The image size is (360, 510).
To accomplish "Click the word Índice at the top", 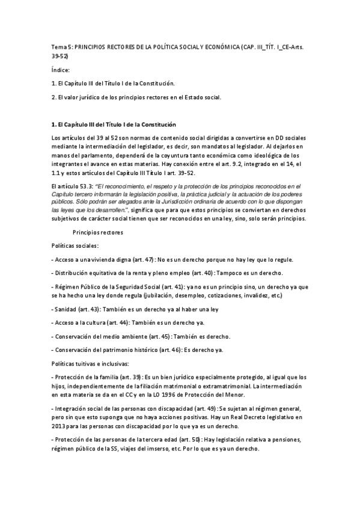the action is tap(61, 70).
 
